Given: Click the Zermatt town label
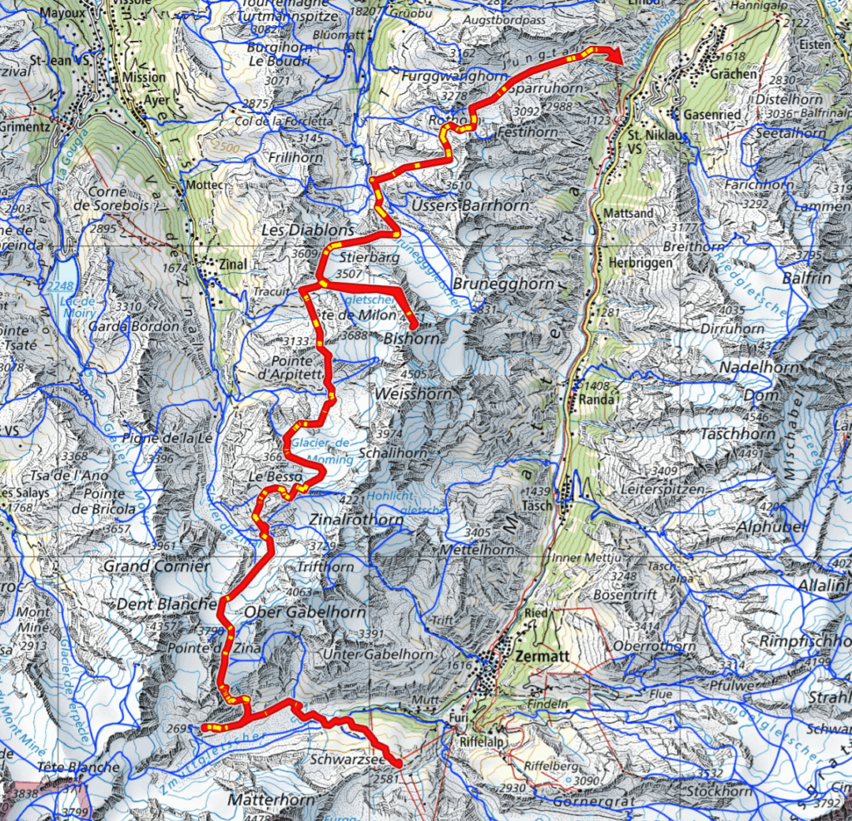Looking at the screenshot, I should (x=542, y=655).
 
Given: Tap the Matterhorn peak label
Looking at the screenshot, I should (x=264, y=800).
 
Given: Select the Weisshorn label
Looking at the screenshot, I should (x=414, y=393).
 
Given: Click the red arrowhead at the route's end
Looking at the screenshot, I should (x=613, y=54).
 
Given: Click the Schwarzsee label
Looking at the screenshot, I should (x=347, y=759).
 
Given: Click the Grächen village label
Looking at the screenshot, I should (x=734, y=74).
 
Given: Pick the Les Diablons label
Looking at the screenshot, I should (x=308, y=229).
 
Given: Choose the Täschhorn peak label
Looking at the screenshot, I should (x=738, y=434).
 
